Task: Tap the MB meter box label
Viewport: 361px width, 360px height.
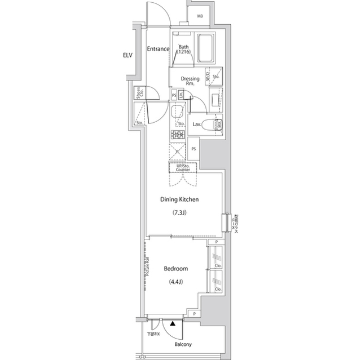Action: coord(200,16)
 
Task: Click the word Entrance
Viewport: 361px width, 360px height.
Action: coord(159,49)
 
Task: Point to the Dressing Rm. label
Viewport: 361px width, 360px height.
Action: coord(187,81)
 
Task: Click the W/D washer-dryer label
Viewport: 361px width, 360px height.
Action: coord(209,78)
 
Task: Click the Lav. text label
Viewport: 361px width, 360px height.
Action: coord(197,124)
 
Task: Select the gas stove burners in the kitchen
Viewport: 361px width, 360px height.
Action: coord(178,135)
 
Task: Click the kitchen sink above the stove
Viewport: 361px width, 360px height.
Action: coord(178,111)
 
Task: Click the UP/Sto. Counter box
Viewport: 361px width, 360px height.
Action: coord(182,167)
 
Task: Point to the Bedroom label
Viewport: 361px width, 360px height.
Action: coord(175,269)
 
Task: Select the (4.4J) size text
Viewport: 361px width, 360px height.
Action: coord(175,282)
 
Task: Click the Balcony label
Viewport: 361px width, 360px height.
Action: coord(183,344)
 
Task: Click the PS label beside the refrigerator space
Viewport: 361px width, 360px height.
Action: coord(193,149)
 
